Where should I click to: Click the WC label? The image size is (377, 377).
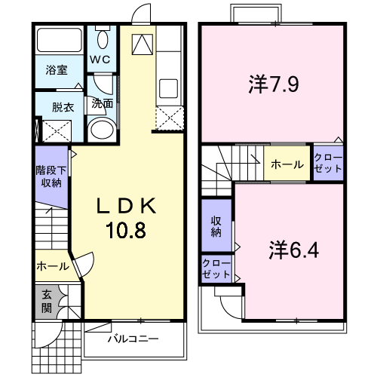[x=100, y=60]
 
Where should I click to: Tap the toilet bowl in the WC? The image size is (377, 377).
[x=103, y=40]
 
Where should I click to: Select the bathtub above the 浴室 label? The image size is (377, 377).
[x=60, y=40]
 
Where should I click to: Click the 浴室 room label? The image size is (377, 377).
[x=57, y=70]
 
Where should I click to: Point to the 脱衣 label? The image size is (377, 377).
[x=63, y=107]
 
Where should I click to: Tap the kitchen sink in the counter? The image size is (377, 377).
[x=169, y=88]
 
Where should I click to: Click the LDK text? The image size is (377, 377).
[x=126, y=206]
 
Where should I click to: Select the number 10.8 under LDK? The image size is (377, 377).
[x=126, y=231]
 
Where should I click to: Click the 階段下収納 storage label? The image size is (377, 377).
[x=51, y=176]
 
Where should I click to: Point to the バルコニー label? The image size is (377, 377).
[x=133, y=339]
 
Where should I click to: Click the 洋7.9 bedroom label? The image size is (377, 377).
[x=274, y=84]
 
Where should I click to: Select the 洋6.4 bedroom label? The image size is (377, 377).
[x=294, y=250]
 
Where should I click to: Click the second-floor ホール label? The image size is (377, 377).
[x=287, y=164]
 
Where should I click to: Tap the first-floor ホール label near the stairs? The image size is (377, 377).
[x=53, y=266]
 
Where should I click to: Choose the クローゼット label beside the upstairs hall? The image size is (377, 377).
[x=328, y=163]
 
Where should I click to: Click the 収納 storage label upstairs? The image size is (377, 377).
[x=216, y=227]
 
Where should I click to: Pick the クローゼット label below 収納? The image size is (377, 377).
[x=216, y=268]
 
